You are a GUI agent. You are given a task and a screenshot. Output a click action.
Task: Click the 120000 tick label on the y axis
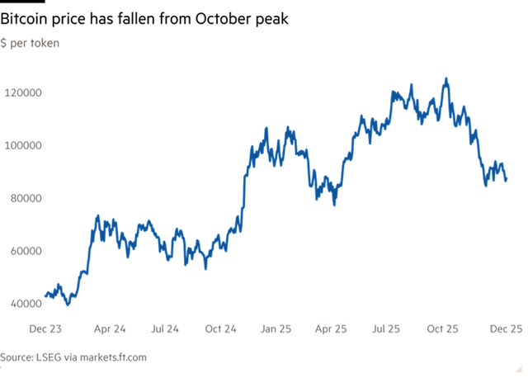click(x=23, y=92)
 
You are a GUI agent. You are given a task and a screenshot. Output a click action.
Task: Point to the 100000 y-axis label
click(x=23, y=145)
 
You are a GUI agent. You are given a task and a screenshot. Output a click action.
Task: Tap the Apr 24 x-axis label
click(x=109, y=328)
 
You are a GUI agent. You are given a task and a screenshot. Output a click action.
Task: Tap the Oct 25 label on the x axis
click(x=443, y=328)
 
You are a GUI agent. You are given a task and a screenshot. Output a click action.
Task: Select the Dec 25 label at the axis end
click(x=504, y=328)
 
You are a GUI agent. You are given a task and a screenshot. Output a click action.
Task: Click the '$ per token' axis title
click(x=30, y=42)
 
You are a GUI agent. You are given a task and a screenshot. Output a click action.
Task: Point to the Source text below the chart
click(x=74, y=357)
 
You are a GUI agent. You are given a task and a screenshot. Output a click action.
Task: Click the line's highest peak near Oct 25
click(x=445, y=79)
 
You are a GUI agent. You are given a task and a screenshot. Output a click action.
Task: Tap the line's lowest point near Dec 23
click(x=68, y=304)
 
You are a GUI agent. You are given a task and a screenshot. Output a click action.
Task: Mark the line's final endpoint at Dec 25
click(x=506, y=179)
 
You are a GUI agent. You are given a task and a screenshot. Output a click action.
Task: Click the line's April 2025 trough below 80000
click(x=334, y=204)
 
